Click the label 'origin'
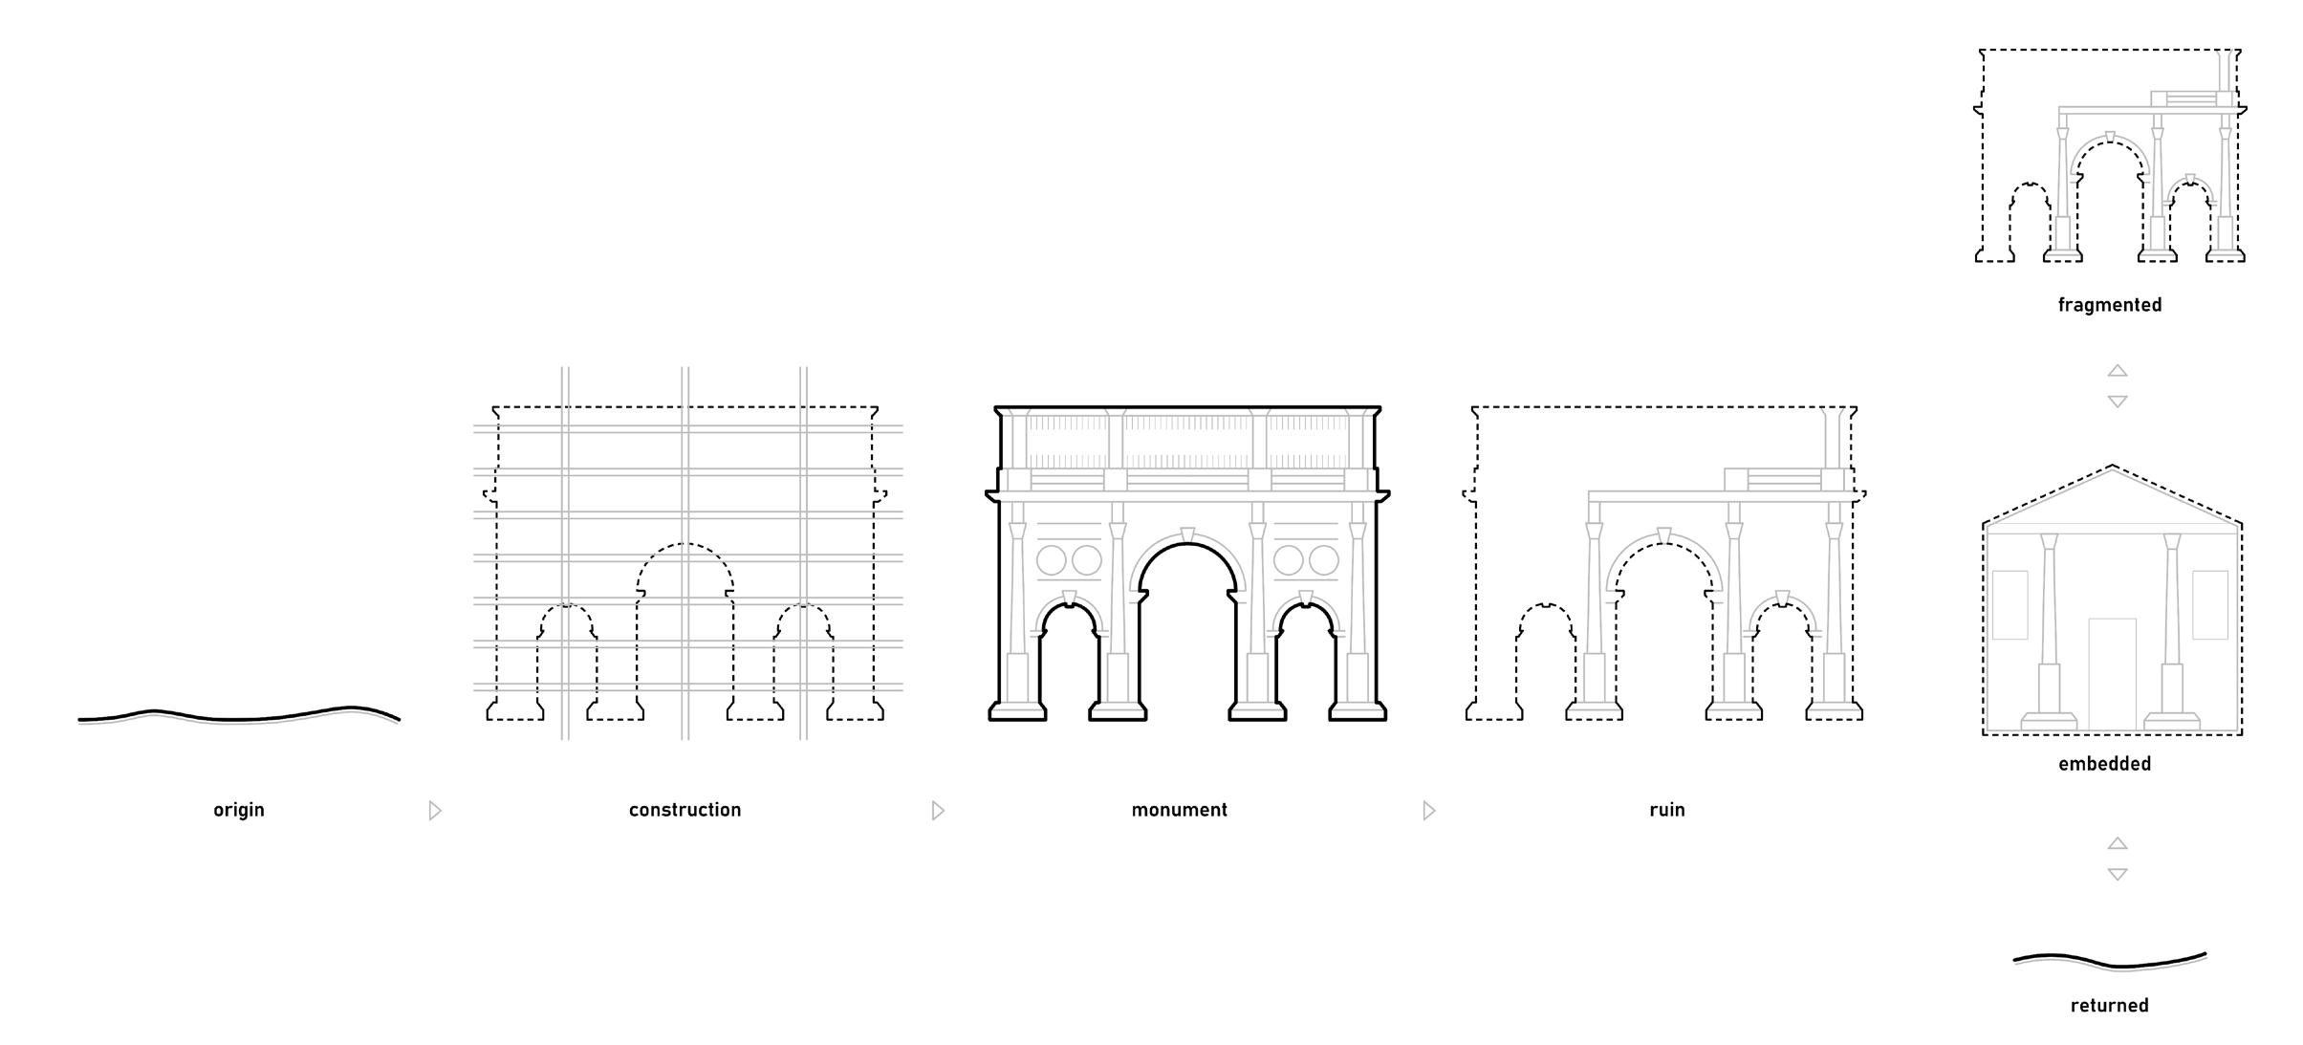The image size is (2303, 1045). (238, 810)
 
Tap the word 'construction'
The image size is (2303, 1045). (684, 810)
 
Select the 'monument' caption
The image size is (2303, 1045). (1179, 810)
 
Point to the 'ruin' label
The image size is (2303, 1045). (1666, 810)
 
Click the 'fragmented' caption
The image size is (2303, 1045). (2109, 305)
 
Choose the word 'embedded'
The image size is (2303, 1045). (2104, 764)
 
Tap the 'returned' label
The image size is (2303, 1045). (2109, 1005)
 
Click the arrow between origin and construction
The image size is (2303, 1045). (435, 811)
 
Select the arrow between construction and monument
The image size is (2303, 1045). (938, 811)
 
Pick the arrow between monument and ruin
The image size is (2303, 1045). (1429, 811)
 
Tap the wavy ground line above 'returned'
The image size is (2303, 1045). (2110, 960)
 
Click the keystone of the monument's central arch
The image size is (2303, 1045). (1187, 534)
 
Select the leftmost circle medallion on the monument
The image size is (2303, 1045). (1052, 560)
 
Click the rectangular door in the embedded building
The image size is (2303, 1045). (2112, 673)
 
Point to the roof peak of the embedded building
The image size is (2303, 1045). (2112, 468)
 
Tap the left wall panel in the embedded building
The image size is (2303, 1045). (2010, 604)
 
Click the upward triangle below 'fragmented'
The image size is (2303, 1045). (2118, 370)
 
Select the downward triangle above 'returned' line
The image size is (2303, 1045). (2118, 874)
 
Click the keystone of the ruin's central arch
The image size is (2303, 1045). (1663, 535)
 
